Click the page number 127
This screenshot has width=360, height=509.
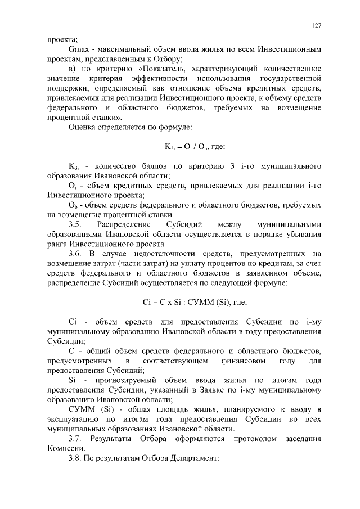316,26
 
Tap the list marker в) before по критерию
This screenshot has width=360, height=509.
73,68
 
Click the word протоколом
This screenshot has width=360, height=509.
245,438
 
